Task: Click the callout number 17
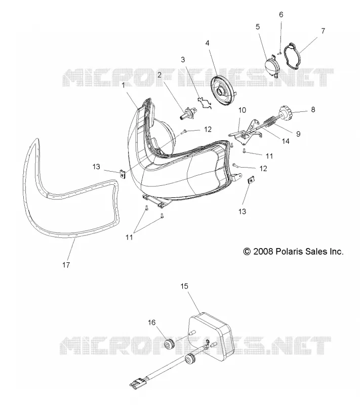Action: coord(66,265)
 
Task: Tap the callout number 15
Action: coord(184,286)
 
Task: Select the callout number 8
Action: coord(313,109)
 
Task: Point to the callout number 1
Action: coord(124,85)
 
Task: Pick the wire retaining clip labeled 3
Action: coord(205,103)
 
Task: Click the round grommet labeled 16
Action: coord(170,345)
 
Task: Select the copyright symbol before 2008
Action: coord(247,251)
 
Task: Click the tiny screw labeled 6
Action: coord(279,53)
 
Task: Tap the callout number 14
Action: coord(286,141)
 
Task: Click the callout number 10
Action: coord(242,110)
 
